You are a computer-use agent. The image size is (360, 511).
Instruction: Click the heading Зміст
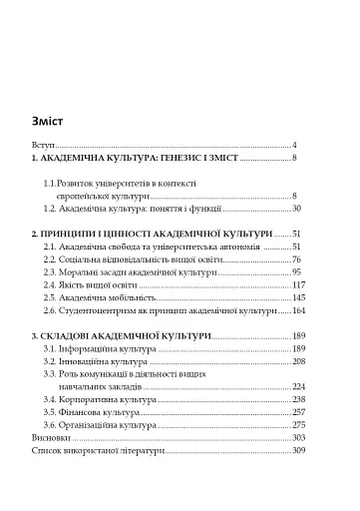[48, 123]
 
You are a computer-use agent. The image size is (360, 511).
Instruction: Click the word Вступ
[44, 145]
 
